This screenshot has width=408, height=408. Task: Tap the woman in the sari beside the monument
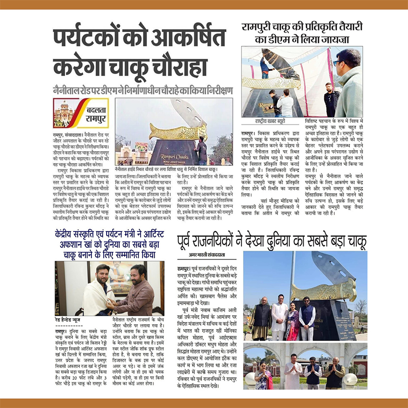coord(292,319)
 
